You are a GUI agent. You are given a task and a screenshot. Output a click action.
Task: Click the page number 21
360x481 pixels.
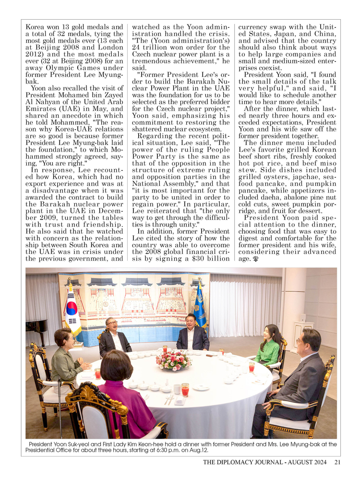[337, 462]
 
